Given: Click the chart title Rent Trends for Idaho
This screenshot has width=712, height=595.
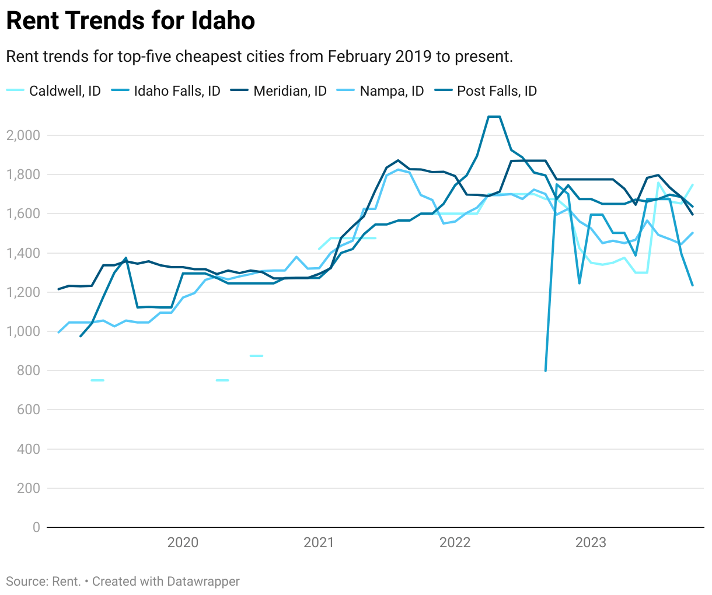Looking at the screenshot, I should (x=130, y=21).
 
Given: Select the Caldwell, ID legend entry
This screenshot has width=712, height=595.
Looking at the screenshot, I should (x=64, y=91).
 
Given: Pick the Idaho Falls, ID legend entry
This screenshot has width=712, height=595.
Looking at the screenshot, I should (x=176, y=91).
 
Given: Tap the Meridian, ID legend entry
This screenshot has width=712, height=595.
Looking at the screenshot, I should (x=289, y=91).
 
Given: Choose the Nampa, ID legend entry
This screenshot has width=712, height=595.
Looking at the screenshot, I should (x=391, y=91).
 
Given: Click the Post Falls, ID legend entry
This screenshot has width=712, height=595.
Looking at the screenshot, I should (x=496, y=91).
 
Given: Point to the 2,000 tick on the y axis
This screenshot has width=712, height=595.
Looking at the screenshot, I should (x=23, y=135).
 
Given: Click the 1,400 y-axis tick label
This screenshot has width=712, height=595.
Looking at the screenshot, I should (x=23, y=253).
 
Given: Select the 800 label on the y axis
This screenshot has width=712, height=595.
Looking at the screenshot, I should (x=28, y=370).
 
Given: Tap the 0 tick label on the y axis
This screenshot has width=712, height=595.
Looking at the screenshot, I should (x=36, y=527).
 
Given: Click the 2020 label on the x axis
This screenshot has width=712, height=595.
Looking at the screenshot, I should (x=183, y=542).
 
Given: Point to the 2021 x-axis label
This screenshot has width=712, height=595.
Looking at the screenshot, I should (x=319, y=542).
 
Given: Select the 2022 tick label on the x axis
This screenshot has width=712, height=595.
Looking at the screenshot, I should (x=455, y=542).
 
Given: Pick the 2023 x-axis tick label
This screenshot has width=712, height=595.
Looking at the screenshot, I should (x=591, y=542).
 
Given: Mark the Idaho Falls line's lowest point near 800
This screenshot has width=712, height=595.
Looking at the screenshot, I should (x=546, y=370).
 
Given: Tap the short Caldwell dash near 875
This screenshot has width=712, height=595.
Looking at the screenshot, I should (x=256, y=356).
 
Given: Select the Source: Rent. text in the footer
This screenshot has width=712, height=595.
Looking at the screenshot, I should (x=43, y=582).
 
